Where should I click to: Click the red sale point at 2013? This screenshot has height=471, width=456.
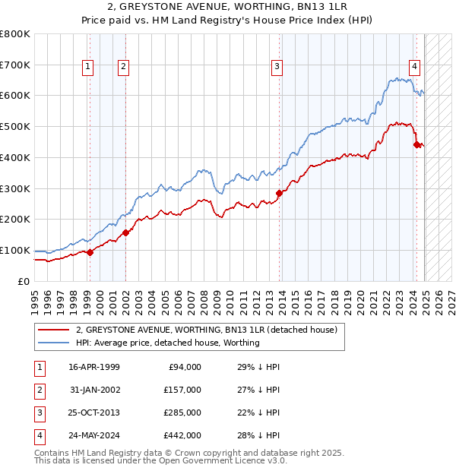pyautogui.click(x=279, y=193)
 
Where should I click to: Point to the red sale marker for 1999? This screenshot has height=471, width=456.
pyautogui.click(x=90, y=252)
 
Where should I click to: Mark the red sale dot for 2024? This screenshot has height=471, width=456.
pyautogui.click(x=416, y=144)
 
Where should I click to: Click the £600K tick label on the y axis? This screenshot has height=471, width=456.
pyautogui.click(x=15, y=96)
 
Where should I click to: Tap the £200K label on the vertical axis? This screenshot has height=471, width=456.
pyautogui.click(x=15, y=220)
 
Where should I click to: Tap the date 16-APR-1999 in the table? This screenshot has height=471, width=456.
pyautogui.click(x=94, y=367)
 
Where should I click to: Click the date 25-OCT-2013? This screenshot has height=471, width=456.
pyautogui.click(x=94, y=413)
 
